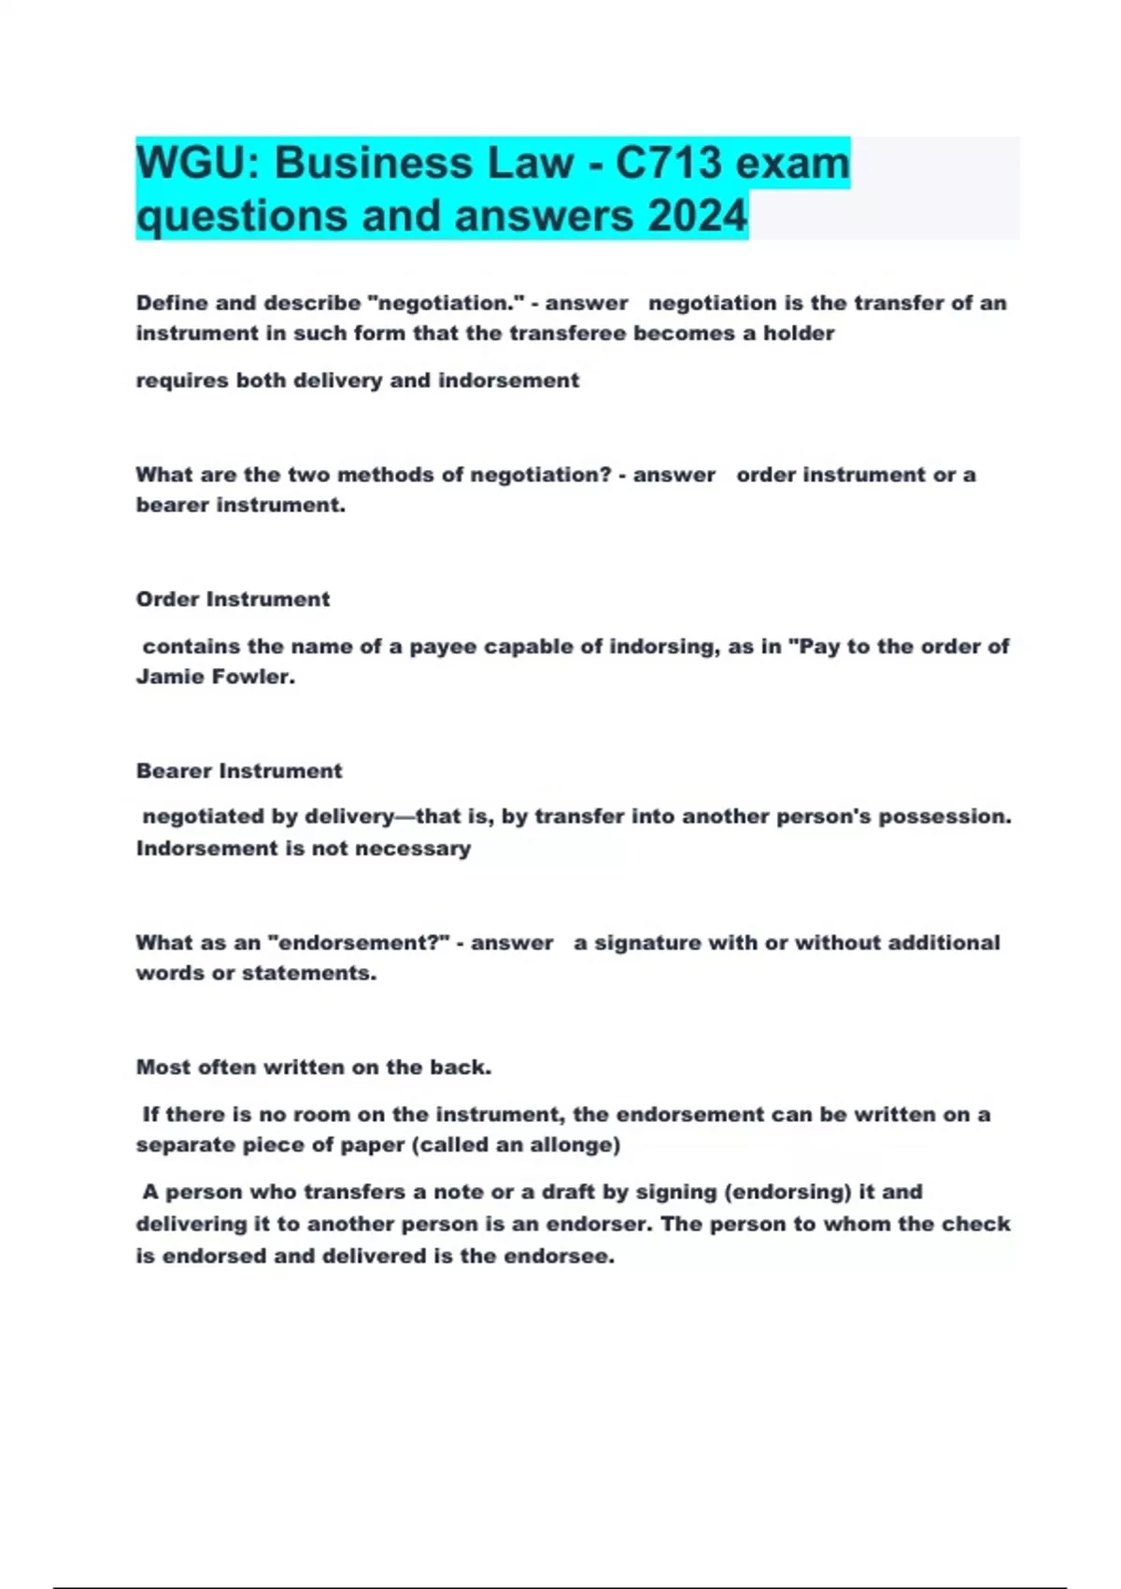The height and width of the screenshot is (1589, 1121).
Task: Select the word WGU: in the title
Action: (197, 163)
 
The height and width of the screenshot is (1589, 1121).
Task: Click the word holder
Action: (799, 334)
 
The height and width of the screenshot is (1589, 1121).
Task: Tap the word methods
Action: (386, 475)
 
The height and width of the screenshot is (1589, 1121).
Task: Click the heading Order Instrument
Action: (233, 599)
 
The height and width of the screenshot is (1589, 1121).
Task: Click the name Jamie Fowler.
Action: (215, 677)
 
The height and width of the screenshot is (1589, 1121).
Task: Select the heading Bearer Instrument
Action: (239, 771)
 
